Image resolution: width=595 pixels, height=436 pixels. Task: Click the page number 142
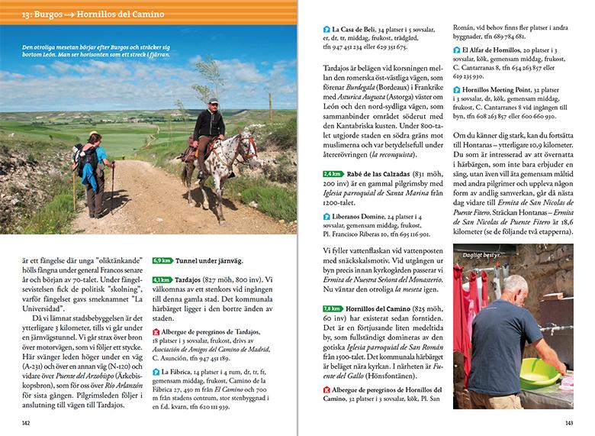point(27,422)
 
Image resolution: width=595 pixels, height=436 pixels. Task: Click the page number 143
point(568,422)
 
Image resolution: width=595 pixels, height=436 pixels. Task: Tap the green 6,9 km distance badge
point(161,260)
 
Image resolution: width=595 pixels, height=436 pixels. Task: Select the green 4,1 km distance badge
point(161,279)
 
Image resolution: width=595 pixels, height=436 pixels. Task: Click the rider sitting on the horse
point(208,125)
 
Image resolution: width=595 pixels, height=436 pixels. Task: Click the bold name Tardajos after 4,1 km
point(190,279)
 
